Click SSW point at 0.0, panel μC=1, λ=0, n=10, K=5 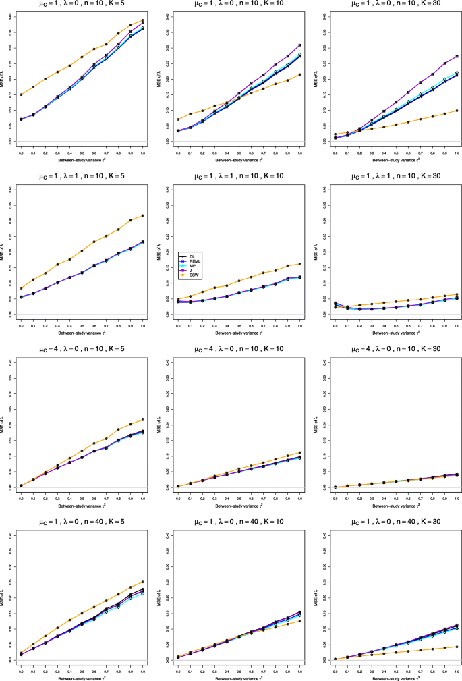pos(21,94)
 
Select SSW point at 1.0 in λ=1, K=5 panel pos(143,215)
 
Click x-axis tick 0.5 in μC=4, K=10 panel pos(239,498)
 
